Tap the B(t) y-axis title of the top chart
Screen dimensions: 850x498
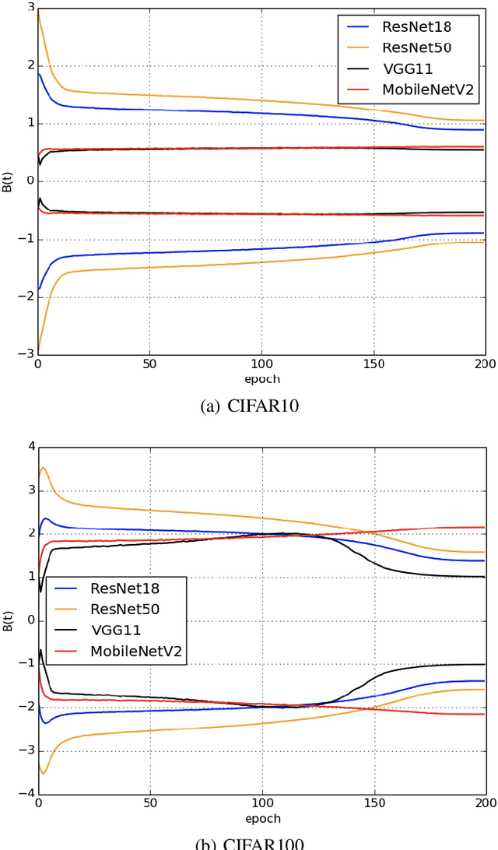click(x=7, y=179)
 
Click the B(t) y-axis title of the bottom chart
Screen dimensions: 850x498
click(x=7, y=620)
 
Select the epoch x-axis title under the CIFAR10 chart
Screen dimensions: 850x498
click(x=261, y=379)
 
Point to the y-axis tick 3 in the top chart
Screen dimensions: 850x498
click(x=30, y=7)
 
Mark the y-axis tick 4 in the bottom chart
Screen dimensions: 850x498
click(x=30, y=447)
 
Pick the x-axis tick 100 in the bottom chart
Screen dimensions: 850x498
click(x=261, y=804)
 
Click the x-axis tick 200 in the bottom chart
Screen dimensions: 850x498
click(x=485, y=804)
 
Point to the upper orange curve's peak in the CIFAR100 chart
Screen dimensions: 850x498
click(x=43, y=468)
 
